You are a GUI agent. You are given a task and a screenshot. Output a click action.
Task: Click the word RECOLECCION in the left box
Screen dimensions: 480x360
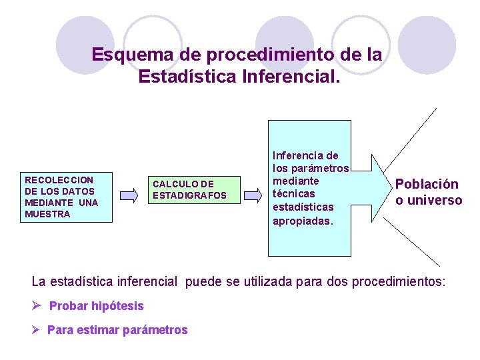[59, 180]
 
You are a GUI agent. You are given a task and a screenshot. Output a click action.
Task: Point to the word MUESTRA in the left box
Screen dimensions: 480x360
[47, 214]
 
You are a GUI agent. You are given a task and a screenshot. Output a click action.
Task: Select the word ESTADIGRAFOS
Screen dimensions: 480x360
[189, 195]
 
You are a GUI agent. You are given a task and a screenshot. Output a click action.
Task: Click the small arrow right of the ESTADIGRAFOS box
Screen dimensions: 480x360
[253, 195]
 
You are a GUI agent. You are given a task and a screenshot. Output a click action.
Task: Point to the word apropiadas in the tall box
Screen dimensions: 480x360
[302, 220]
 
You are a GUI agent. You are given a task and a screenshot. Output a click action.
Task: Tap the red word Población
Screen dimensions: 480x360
[427, 184]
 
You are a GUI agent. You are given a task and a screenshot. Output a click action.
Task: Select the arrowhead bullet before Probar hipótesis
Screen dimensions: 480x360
[37, 305]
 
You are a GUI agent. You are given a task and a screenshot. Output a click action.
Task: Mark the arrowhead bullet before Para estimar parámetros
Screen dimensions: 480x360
[37, 329]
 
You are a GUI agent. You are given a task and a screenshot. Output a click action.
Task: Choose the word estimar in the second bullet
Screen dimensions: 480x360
[93, 329]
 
